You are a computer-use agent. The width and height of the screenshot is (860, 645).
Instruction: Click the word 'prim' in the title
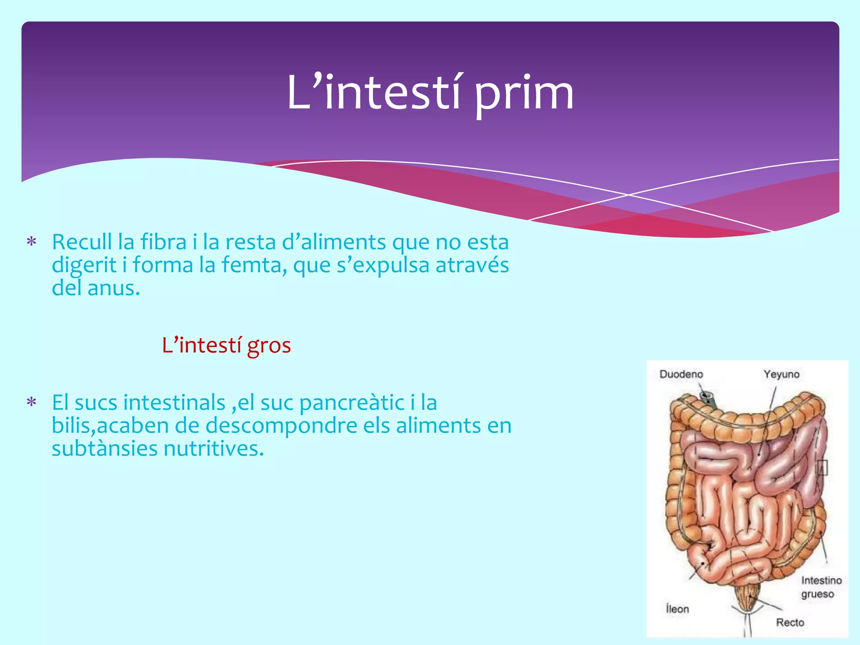pyautogui.click(x=524, y=93)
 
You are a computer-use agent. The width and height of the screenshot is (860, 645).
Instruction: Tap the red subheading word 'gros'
pyautogui.click(x=269, y=346)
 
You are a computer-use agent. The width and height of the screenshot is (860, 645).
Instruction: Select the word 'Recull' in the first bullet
pyautogui.click(x=82, y=242)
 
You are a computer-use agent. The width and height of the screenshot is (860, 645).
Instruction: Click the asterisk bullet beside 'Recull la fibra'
pyautogui.click(x=31, y=242)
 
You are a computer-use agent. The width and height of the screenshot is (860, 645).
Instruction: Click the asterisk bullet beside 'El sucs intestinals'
pyautogui.click(x=31, y=403)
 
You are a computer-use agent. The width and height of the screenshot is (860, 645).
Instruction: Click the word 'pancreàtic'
pyautogui.click(x=351, y=403)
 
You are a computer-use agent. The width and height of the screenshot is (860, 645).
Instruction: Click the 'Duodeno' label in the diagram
pyautogui.click(x=681, y=374)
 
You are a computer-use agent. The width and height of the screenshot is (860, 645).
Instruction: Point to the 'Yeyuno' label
pyautogui.click(x=781, y=374)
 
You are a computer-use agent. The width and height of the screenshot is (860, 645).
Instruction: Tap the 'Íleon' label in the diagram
pyautogui.click(x=677, y=608)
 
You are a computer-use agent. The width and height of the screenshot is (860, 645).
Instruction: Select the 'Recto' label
pyautogui.click(x=790, y=622)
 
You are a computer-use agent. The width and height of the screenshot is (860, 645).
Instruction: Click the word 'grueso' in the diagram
pyautogui.click(x=817, y=594)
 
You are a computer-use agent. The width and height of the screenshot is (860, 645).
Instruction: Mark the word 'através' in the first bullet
pyautogui.click(x=472, y=265)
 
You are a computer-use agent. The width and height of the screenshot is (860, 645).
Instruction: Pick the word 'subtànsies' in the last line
pyautogui.click(x=105, y=448)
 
